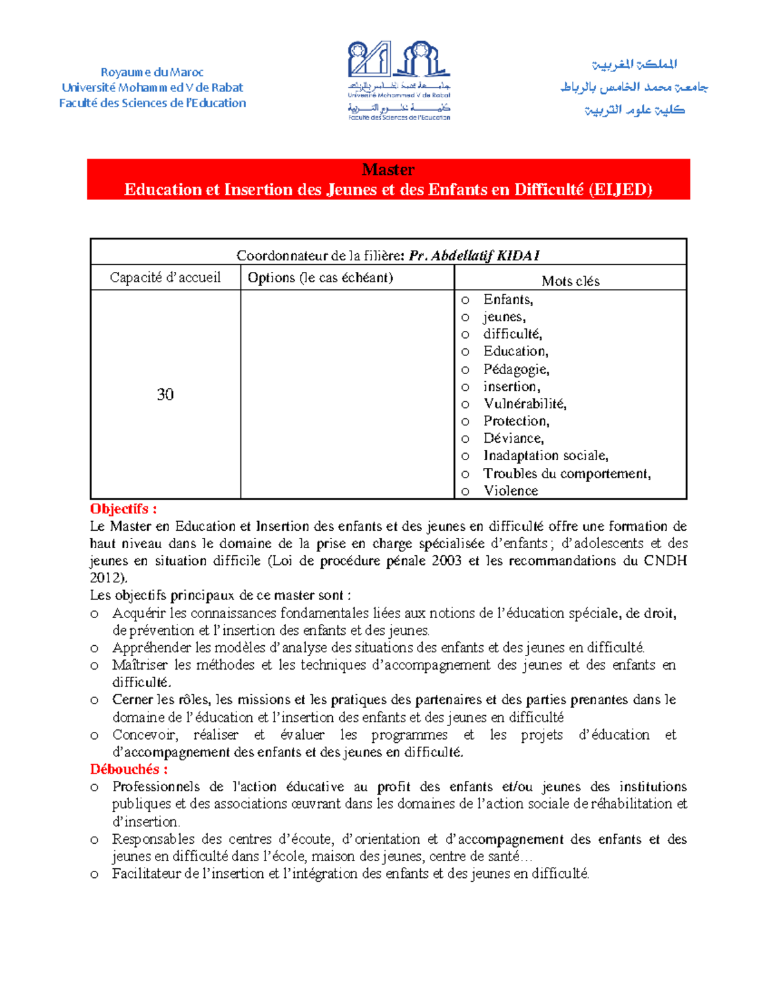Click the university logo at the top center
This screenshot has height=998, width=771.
pyautogui.click(x=398, y=80)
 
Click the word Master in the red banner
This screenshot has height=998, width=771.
pyautogui.click(x=388, y=170)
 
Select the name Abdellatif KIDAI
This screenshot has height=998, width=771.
pyautogui.click(x=485, y=256)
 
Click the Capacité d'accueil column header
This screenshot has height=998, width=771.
pyautogui.click(x=165, y=278)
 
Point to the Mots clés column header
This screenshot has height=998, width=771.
pyautogui.click(x=570, y=281)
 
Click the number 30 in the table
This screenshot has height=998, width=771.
pyautogui.click(x=165, y=395)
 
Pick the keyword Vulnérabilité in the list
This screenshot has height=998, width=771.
pyautogui.click(x=524, y=404)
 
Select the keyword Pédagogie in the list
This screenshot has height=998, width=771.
pyautogui.click(x=515, y=370)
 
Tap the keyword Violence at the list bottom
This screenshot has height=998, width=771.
pyautogui.click(x=511, y=491)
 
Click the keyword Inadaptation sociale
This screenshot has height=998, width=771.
pyautogui.click(x=545, y=456)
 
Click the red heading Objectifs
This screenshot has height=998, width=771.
pyautogui.click(x=123, y=509)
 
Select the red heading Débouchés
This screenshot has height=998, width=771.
pyautogui.click(x=128, y=769)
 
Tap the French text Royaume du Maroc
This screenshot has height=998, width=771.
pyautogui.click(x=152, y=72)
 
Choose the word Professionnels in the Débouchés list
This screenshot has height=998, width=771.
pyautogui.click(x=156, y=787)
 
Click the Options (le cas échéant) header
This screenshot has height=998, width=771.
pyautogui.click(x=320, y=278)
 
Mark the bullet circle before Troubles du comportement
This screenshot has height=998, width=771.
pyautogui.click(x=465, y=474)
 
